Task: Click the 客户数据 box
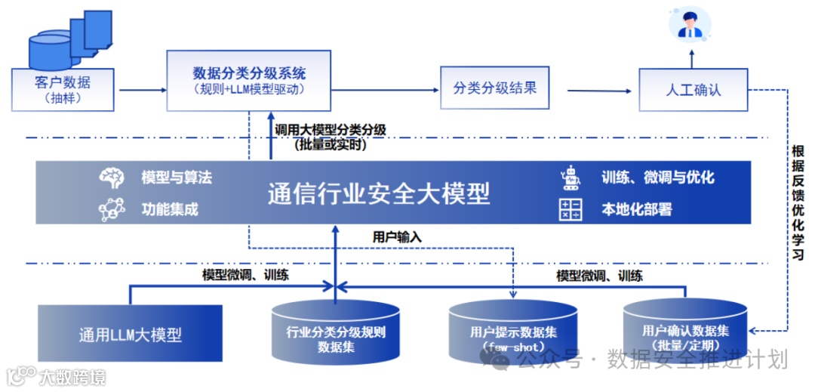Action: pos(63,89)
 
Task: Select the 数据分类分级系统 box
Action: pos(249,81)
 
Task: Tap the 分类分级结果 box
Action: pos(495,88)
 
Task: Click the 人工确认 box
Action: pos(693,90)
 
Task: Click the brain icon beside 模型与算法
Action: pos(112,178)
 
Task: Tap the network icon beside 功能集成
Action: pos(112,209)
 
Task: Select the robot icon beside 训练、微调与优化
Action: pos(570,178)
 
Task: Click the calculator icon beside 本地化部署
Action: pos(570,209)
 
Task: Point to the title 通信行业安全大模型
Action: pos(379,194)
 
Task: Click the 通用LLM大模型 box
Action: pos(131,333)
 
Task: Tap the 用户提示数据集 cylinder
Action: pos(512,333)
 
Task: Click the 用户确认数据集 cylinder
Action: pos(685,332)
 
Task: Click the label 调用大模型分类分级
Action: pos(331,130)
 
